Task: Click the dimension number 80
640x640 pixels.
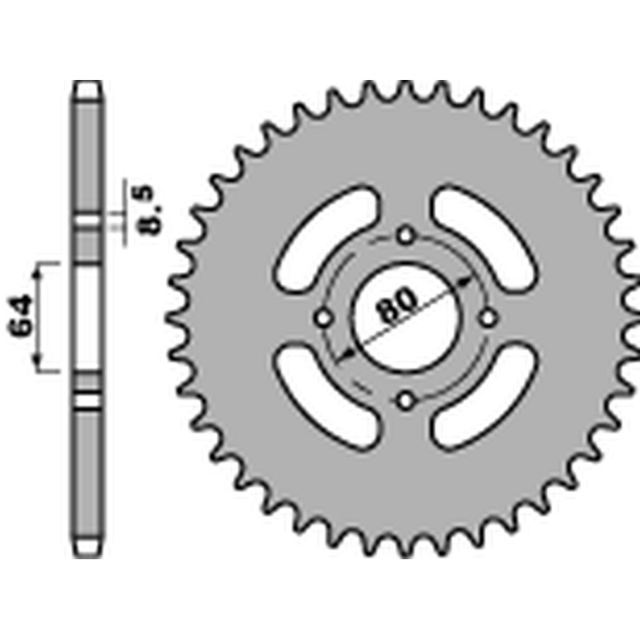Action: [396, 305]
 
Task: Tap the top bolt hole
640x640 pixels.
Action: [406, 235]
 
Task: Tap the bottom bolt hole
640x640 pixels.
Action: [406, 398]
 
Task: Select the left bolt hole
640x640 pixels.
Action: [324, 318]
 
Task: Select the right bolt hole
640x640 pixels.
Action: [487, 318]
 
